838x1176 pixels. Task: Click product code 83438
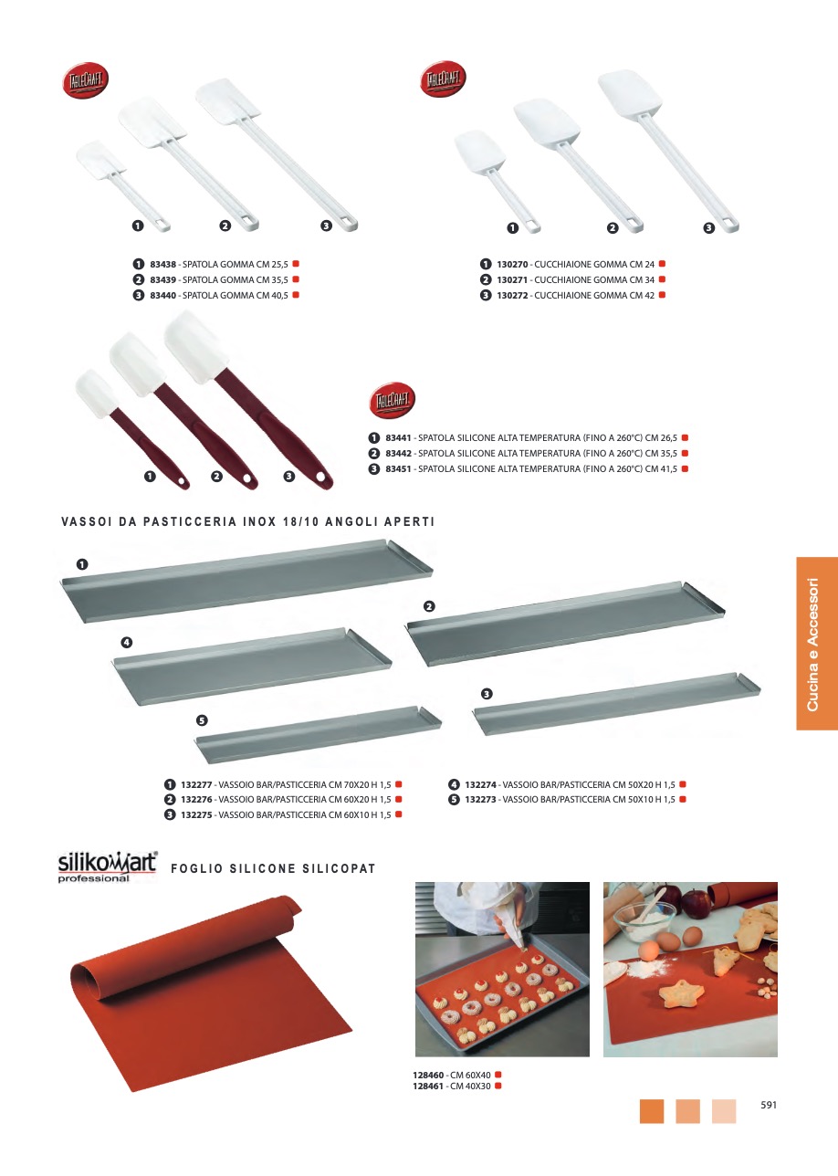tap(162, 264)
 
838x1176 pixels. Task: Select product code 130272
tap(512, 295)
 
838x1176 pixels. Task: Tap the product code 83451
tap(398, 468)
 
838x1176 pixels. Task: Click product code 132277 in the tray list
tap(196, 785)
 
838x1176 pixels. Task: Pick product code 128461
tap(428, 1087)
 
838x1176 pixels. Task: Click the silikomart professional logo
tap(108, 867)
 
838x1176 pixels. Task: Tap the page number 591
tap(769, 1105)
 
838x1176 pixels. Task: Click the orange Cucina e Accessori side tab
tap(817, 643)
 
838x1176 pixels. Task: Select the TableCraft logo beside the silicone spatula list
tap(392, 401)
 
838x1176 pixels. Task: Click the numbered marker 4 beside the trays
tap(127, 642)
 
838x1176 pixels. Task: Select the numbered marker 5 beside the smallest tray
tap(202, 719)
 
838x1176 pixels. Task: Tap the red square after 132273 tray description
tap(683, 800)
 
